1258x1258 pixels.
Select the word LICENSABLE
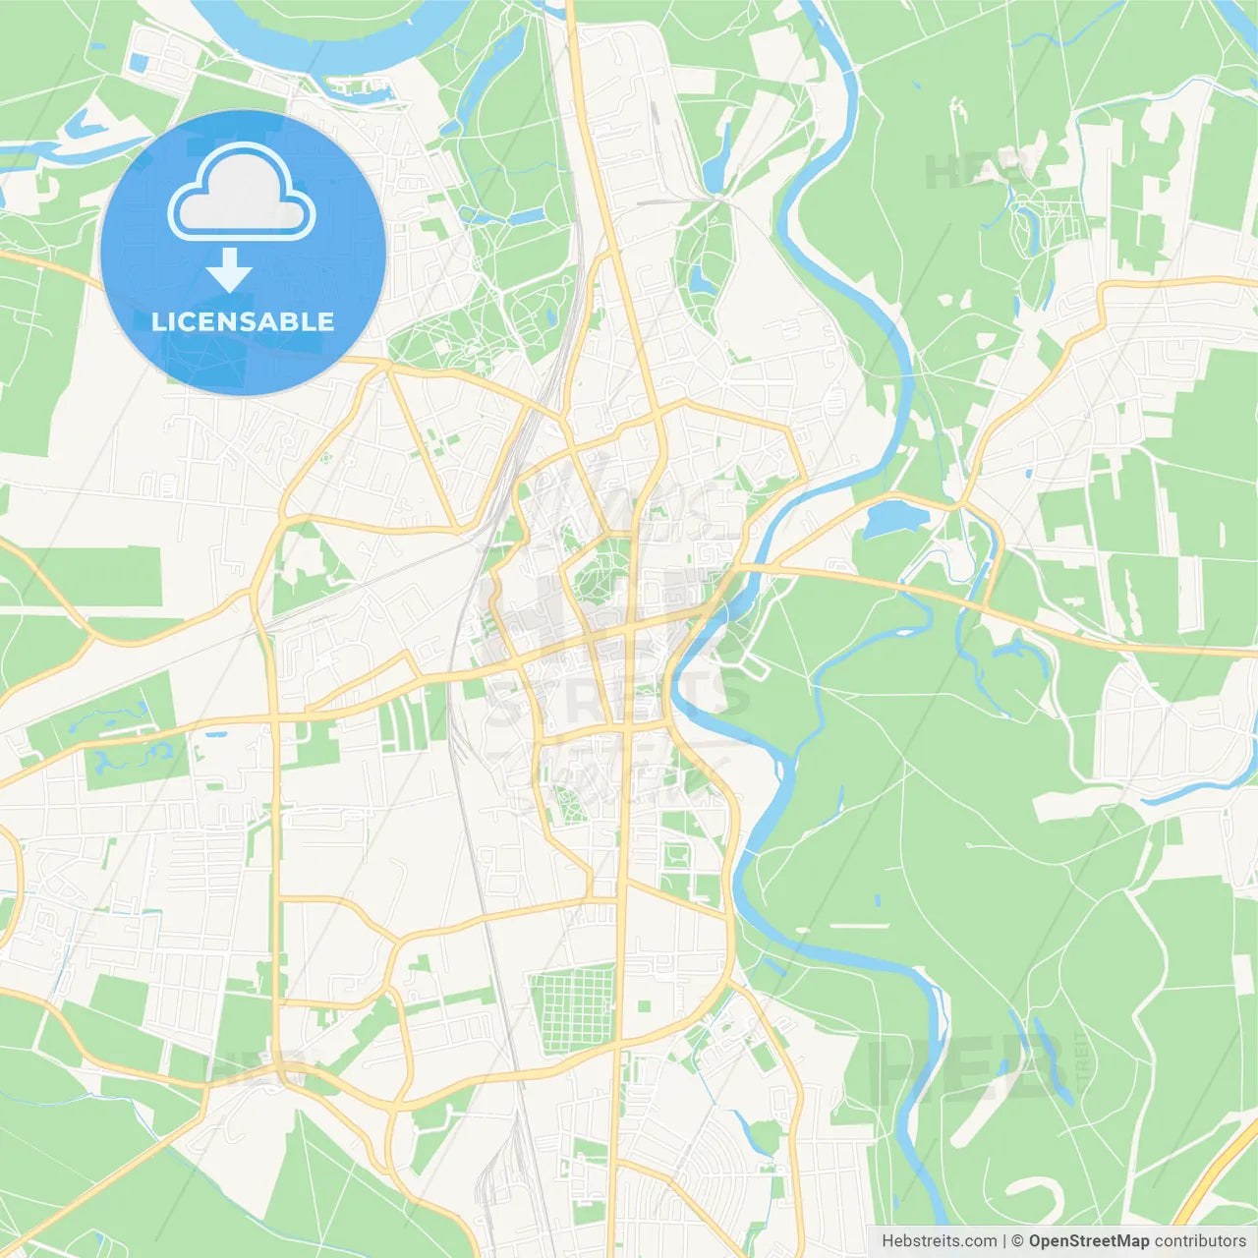[243, 321]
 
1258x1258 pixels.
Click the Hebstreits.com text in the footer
[939, 1241]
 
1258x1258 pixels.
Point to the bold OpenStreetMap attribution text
[1088, 1241]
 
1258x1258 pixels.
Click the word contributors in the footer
[1200, 1241]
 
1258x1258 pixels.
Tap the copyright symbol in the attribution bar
[1017, 1241]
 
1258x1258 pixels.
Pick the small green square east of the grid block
[644, 1006]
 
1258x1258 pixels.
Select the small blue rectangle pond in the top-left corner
[139, 62]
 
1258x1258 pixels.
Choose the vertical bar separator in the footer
[1003, 1241]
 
